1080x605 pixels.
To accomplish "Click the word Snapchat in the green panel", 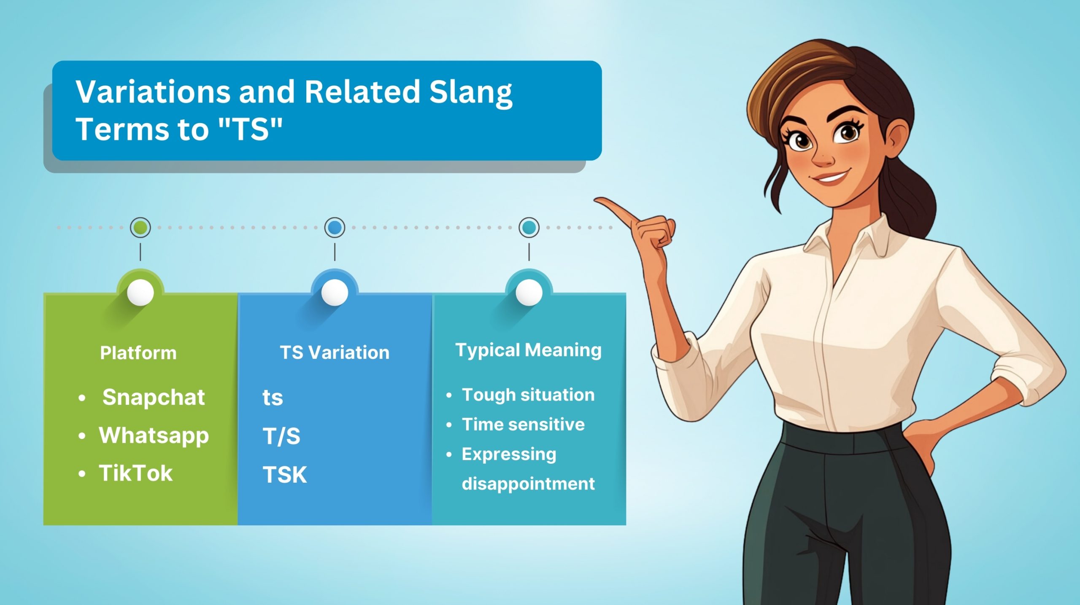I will [153, 398].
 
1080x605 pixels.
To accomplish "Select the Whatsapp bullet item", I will [154, 436].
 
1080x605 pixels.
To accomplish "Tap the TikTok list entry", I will [135, 473].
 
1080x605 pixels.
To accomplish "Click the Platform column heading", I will [138, 353].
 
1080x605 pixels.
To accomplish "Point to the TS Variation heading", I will [335, 352].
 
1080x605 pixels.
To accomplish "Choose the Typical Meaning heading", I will [528, 350].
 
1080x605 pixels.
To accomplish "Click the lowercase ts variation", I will [273, 398].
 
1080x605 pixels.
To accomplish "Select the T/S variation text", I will [281, 436].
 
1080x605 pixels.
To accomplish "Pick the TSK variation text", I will [285, 475].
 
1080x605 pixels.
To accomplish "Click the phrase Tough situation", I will [528, 395].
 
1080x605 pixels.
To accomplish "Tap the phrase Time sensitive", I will [523, 425].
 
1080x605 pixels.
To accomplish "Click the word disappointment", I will [528, 484].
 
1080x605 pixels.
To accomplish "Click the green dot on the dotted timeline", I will [140, 227].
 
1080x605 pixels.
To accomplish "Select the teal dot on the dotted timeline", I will [529, 227].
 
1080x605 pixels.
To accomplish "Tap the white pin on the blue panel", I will [335, 292].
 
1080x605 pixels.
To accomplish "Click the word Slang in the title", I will [470, 92].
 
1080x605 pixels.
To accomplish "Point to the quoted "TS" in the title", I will [251, 129].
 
